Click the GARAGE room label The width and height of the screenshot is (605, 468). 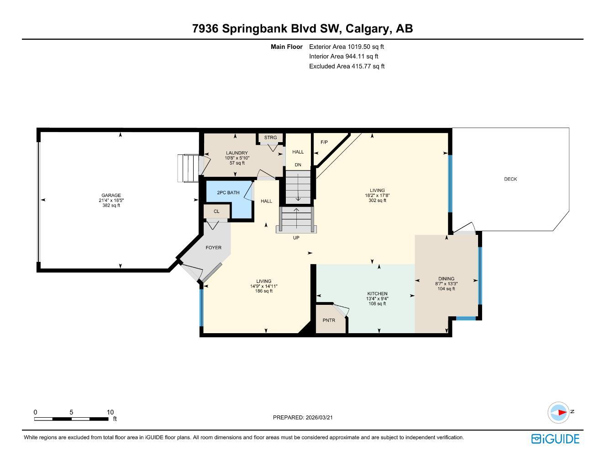pyautogui.click(x=111, y=196)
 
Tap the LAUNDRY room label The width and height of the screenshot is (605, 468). pyautogui.click(x=237, y=153)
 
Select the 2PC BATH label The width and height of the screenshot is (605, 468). pyautogui.click(x=228, y=193)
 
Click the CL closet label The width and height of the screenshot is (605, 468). pyautogui.click(x=216, y=212)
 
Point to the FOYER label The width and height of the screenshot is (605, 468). pyautogui.click(x=213, y=248)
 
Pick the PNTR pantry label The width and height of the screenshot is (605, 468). pyautogui.click(x=329, y=320)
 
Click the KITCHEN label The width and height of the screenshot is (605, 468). pyautogui.click(x=377, y=294)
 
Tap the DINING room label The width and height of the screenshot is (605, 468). pyautogui.click(x=446, y=279)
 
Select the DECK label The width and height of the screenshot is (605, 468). pyautogui.click(x=510, y=179)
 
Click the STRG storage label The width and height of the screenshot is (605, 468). pyautogui.click(x=270, y=138)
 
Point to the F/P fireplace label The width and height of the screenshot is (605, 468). pyautogui.click(x=324, y=142)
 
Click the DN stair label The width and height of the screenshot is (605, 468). pyautogui.click(x=298, y=165)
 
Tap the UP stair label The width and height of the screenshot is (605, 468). pyautogui.click(x=296, y=238)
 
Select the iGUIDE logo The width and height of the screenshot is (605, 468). pyautogui.click(x=555, y=439)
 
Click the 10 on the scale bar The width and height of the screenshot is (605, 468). pyautogui.click(x=110, y=412)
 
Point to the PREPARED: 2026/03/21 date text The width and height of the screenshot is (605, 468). pyautogui.click(x=306, y=417)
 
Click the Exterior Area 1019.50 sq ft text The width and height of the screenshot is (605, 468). pyautogui.click(x=347, y=47)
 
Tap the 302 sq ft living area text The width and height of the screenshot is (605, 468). pyautogui.click(x=377, y=201)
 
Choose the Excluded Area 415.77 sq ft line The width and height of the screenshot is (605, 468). pyautogui.click(x=347, y=66)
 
